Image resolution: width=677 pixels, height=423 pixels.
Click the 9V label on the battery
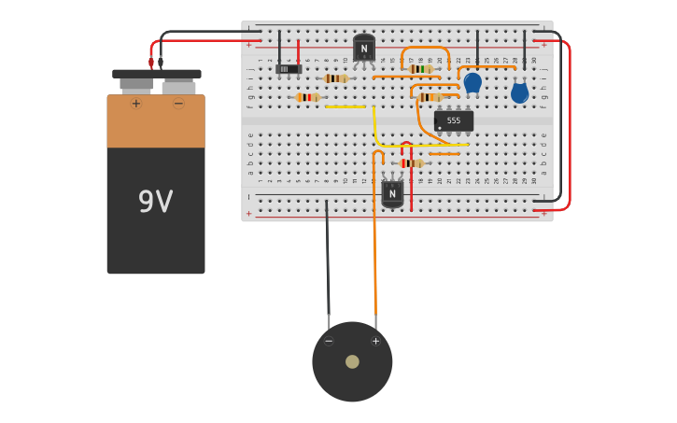[x=155, y=202]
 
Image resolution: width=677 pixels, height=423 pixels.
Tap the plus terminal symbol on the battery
[x=136, y=103]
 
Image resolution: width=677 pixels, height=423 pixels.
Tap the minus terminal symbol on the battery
[x=178, y=103]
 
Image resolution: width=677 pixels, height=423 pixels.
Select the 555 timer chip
[x=453, y=120]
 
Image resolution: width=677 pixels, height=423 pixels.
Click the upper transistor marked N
[x=364, y=48]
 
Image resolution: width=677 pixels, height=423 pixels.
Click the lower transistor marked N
[x=392, y=192]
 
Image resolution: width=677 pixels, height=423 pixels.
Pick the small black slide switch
[x=289, y=69]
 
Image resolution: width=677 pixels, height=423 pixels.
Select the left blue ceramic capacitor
[x=472, y=83]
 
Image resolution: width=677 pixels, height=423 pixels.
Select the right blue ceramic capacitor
[x=519, y=92]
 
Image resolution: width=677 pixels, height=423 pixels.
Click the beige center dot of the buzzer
[x=352, y=361]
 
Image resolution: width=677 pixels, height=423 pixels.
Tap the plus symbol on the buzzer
[x=375, y=341]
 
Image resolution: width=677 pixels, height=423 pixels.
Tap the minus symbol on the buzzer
[x=329, y=341]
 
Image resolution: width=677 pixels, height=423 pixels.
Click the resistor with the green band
[x=420, y=69]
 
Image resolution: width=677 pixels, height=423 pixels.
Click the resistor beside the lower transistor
[x=411, y=163]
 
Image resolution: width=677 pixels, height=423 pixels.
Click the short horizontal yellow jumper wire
[x=345, y=106]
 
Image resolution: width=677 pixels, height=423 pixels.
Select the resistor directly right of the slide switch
[x=336, y=78]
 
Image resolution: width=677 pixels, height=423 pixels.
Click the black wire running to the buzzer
[x=328, y=261]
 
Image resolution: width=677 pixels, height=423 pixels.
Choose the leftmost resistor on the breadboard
[x=307, y=97]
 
